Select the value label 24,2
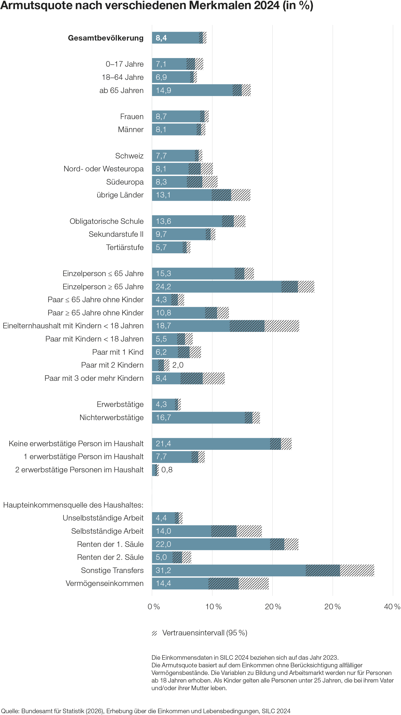pos(163,287)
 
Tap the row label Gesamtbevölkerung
pos(106,38)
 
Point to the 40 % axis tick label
pos(392,606)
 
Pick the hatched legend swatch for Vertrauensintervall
pos(155,633)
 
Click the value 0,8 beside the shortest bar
pos(167,470)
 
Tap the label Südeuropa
pos(125,182)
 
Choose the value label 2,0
pos(178,365)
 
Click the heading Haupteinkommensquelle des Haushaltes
pos(73,505)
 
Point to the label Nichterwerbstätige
pos(111,417)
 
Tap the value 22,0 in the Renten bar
pos(163,544)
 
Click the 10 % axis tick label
pos(213,606)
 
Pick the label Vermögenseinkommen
pos(105,583)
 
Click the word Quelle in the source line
pos(10,711)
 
